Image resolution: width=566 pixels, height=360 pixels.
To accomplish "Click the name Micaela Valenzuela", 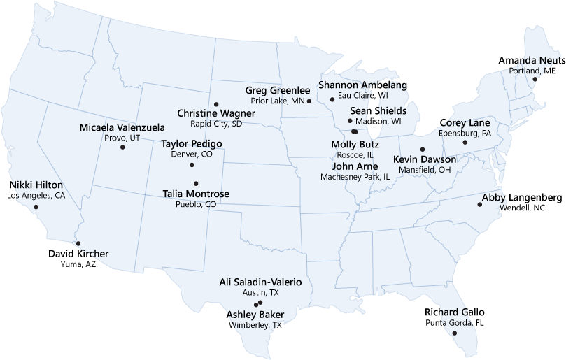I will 122,128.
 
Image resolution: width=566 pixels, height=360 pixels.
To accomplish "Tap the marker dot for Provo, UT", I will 122,147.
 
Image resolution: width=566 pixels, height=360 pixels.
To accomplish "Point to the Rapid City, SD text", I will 216,124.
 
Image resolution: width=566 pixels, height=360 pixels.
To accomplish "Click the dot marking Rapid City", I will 216,104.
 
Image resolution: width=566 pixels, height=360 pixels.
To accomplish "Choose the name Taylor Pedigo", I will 192,144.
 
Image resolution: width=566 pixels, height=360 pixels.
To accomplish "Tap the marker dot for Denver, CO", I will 192,165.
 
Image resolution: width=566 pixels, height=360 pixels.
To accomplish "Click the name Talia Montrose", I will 196,194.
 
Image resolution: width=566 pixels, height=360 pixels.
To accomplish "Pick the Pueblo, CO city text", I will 196,205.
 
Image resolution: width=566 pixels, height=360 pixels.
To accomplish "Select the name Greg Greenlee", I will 278,90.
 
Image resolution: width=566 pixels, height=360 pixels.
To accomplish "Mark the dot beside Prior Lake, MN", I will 309,101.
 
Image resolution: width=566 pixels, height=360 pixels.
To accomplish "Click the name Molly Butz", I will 355,144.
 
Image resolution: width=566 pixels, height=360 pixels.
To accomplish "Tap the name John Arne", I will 355,166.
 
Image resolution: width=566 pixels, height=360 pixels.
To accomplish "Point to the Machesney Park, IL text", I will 355,177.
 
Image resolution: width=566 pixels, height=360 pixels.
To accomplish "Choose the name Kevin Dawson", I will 425,159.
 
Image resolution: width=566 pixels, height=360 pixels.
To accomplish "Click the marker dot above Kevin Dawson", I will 422,149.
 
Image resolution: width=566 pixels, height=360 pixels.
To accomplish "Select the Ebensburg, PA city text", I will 465,134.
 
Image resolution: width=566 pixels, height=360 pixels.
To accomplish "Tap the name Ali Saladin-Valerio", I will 260,282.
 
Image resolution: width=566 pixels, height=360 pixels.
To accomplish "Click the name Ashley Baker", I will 256,315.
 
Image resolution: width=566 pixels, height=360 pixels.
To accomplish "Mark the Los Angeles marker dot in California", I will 37,207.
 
